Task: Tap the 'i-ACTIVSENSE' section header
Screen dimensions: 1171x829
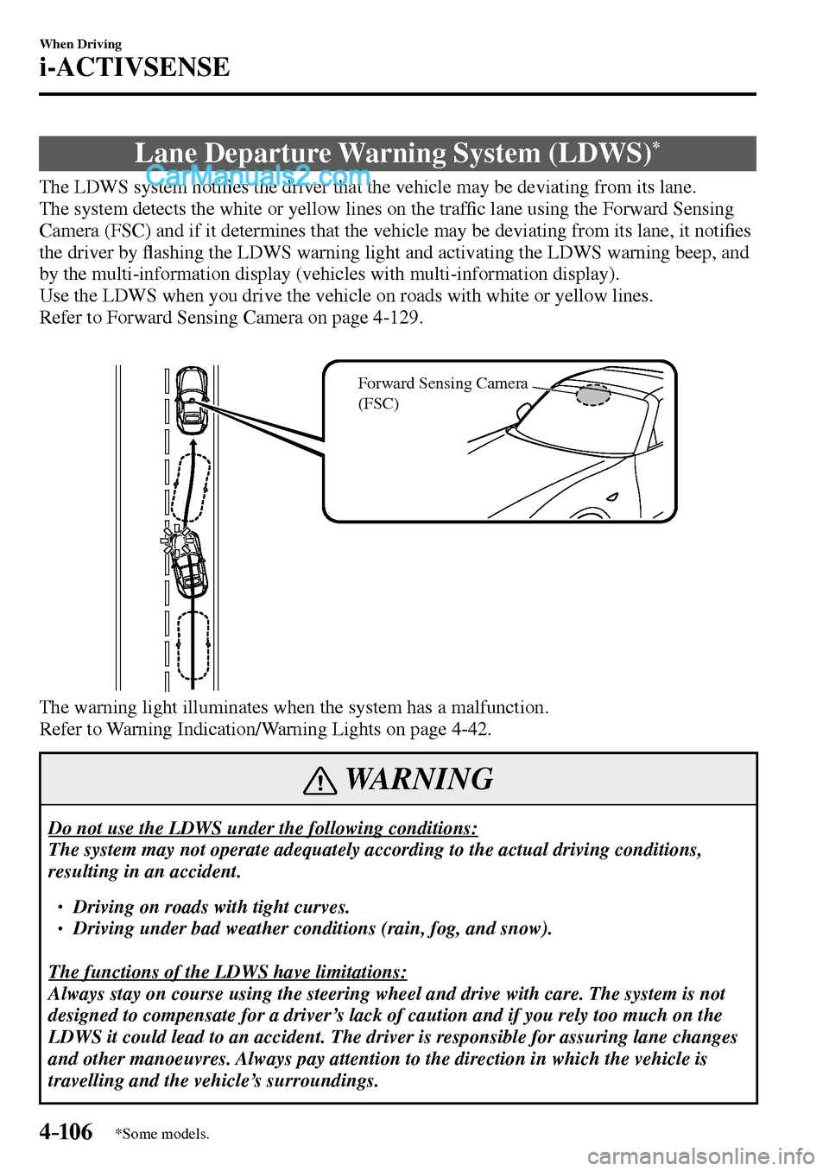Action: pyautogui.click(x=135, y=67)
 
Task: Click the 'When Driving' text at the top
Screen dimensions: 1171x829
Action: pyautogui.click(x=80, y=44)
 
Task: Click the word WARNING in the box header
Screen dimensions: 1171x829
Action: pyautogui.click(x=419, y=779)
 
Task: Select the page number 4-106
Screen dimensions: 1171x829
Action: pyautogui.click(x=66, y=1131)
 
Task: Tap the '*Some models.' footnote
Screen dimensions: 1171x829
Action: pyautogui.click(x=161, y=1134)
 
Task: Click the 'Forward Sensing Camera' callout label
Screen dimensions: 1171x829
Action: pyautogui.click(x=442, y=383)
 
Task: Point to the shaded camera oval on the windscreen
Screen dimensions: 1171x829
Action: pyautogui.click(x=593, y=395)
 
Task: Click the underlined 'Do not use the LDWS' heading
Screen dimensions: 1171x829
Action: pyautogui.click(x=263, y=828)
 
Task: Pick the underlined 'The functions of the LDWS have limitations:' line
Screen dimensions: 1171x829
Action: pyautogui.click(x=227, y=972)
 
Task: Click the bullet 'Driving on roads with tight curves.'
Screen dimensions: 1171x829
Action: pyautogui.click(x=211, y=907)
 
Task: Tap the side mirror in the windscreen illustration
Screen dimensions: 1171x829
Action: pyautogui.click(x=522, y=413)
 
